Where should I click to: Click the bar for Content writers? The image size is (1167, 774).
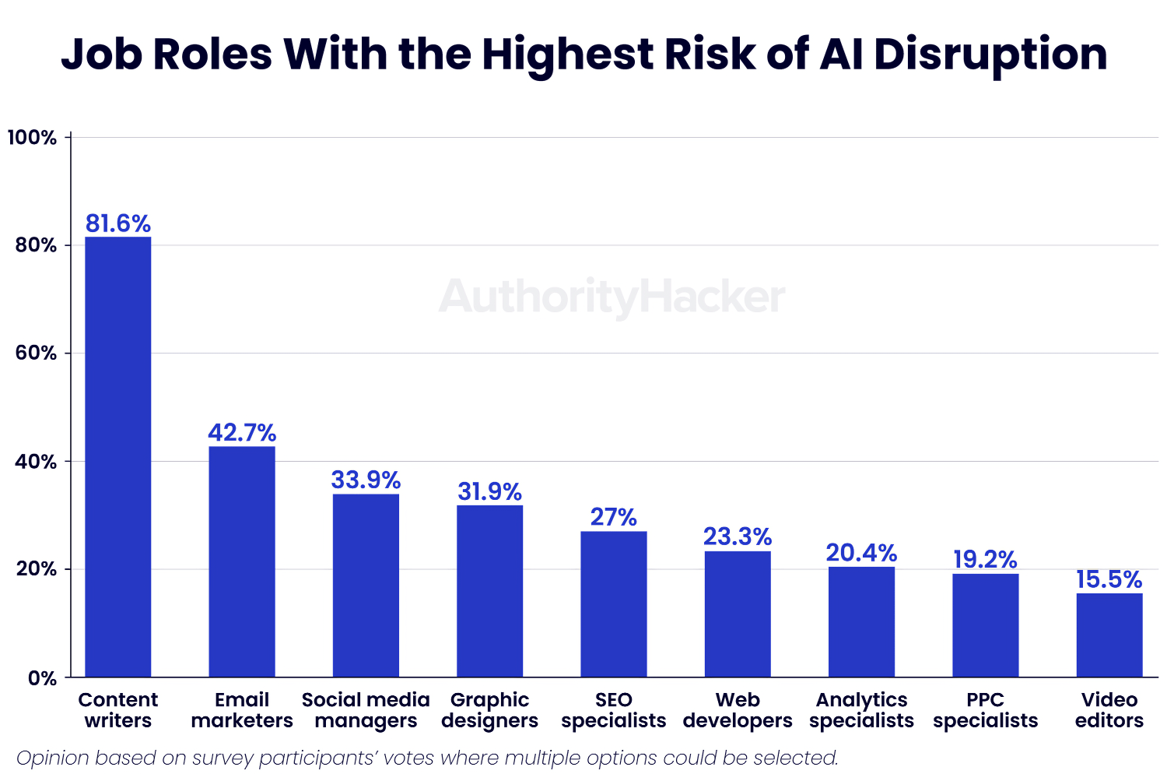coord(117,456)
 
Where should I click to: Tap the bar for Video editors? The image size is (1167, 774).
coord(1109,635)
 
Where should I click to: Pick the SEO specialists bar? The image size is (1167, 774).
coord(614,603)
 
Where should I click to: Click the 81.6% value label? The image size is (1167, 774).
coord(117,223)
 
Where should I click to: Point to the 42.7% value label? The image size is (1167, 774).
coord(242,432)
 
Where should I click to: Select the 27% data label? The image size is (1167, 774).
coord(614,517)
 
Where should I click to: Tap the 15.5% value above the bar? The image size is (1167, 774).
coord(1109,579)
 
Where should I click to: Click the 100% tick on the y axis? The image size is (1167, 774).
coord(32,138)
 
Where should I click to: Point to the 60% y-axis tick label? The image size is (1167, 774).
coord(36,353)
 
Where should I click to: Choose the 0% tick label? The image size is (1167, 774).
coord(42,678)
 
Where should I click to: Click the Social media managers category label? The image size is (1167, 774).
coord(366,710)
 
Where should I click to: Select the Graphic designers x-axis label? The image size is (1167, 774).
coord(489,710)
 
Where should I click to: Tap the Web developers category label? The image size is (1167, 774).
coord(738,710)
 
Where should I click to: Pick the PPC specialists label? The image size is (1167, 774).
coord(986,710)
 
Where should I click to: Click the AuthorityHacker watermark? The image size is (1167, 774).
coord(612,297)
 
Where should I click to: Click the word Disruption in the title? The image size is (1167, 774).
coord(990,55)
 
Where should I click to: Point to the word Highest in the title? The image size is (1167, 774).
coord(568,55)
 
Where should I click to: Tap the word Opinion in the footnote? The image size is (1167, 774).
coord(53,758)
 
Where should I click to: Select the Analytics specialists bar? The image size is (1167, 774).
coord(861,621)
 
